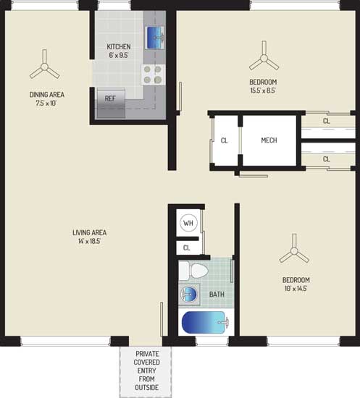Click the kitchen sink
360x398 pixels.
tap(154, 38)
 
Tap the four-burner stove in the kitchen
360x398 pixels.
tap(153, 75)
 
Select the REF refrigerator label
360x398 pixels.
tap(110, 98)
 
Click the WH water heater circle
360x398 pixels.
tap(188, 223)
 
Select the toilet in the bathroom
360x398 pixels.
tap(193, 271)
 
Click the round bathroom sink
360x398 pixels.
tap(188, 295)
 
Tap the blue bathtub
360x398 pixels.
tap(205, 322)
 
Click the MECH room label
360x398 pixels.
tap(269, 140)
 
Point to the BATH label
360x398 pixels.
tap(217, 295)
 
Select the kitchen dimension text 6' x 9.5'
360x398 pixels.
tap(119, 55)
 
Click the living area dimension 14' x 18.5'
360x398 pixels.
tap(89, 241)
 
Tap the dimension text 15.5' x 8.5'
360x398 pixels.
tap(263, 90)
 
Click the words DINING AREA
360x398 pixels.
tap(47, 95)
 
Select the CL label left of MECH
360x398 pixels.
tap(224, 140)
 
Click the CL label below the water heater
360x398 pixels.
tap(186, 247)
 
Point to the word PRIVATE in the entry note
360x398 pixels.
tap(147, 354)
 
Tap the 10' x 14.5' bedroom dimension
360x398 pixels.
tap(296, 289)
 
